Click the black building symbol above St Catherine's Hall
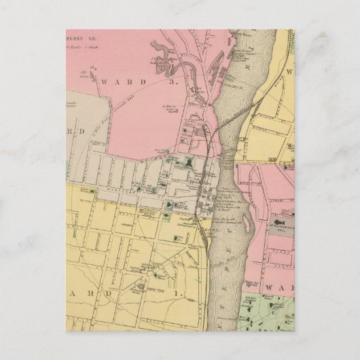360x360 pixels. pyautogui.click(x=279, y=230)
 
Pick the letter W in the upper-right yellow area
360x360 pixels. pyautogui.click(x=288, y=71)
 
